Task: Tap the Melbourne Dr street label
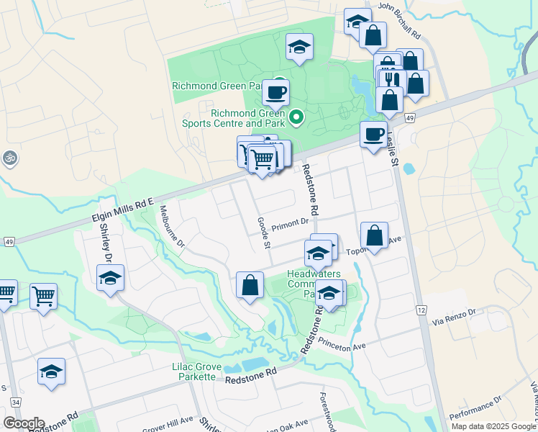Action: (173, 227)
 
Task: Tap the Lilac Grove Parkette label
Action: (193, 372)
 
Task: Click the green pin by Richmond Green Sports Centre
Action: (296, 115)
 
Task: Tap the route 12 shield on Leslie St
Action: (421, 310)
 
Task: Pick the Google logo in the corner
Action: (24, 423)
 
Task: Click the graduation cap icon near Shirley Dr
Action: (110, 278)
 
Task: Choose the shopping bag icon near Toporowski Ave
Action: (374, 235)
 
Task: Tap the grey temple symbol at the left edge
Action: (9, 157)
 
